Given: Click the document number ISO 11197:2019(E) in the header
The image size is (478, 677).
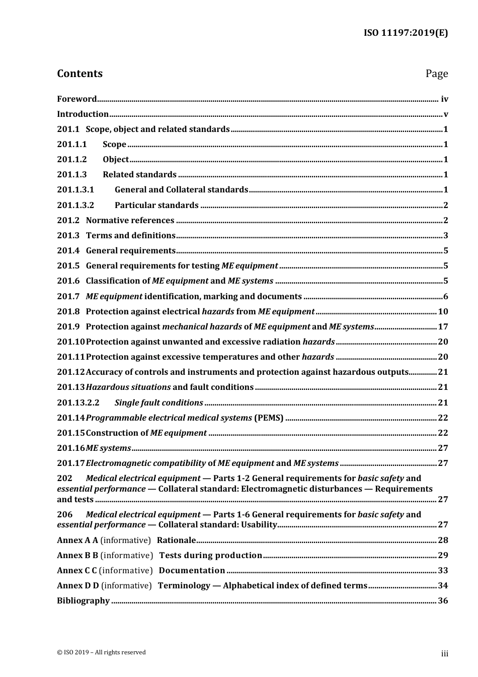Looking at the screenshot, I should [406, 33].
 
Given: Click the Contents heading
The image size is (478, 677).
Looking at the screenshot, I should [79, 74].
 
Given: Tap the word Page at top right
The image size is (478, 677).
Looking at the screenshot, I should [436, 74].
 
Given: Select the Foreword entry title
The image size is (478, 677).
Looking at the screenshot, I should [76, 99].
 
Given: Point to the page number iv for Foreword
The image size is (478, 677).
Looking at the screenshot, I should [444, 99].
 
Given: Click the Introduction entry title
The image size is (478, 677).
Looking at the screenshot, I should [83, 114].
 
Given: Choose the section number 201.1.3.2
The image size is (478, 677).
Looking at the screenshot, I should [75, 205].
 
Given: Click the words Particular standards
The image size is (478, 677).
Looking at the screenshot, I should [156, 205].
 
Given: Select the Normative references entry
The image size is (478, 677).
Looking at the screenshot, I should [130, 220].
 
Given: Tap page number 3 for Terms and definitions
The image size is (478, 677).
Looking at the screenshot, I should [445, 235].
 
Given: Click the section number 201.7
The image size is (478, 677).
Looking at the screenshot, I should [68, 296].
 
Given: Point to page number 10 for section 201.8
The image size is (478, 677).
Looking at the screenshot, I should [443, 311].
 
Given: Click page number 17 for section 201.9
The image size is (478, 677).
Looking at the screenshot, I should [443, 326].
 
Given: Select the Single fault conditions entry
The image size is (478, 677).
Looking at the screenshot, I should [158, 402].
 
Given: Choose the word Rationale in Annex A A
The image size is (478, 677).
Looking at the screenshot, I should [176, 540].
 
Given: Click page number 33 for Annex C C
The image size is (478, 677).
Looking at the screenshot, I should [443, 570].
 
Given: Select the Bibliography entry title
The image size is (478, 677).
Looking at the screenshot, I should [83, 600].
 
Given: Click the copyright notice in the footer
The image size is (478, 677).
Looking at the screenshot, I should [101, 652].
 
